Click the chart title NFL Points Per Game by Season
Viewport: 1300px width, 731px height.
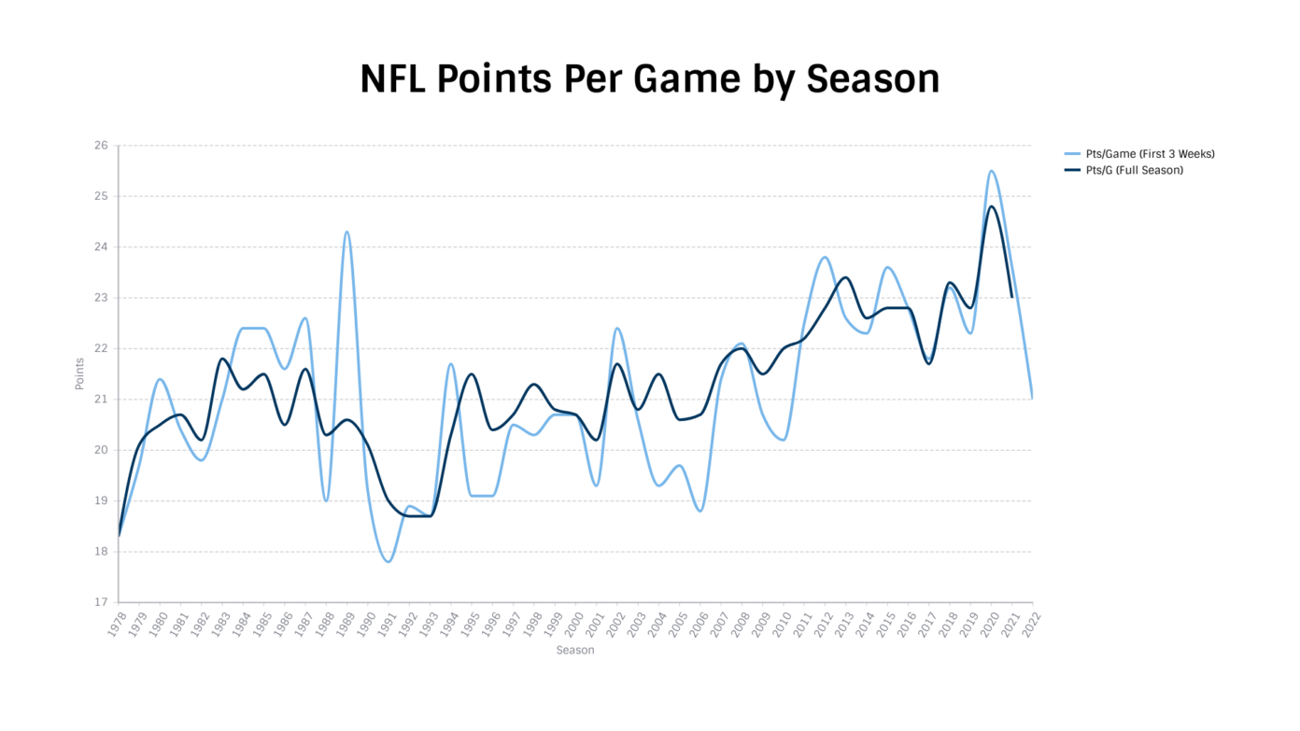[x=649, y=79]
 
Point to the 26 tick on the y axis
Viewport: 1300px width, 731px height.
[x=100, y=146]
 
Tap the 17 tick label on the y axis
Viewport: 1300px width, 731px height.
[x=100, y=602]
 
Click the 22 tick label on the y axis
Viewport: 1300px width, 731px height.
[x=100, y=348]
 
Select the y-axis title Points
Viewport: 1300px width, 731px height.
[x=80, y=373]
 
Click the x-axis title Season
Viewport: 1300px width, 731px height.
[x=574, y=651]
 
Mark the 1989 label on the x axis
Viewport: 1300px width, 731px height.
[x=343, y=624]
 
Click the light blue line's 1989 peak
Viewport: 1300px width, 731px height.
[x=346, y=232]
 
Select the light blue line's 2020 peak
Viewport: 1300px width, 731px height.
[x=991, y=171]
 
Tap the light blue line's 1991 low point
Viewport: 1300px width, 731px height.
[x=389, y=561]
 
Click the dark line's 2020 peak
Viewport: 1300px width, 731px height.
[x=991, y=206]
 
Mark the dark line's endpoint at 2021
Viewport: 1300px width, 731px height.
[x=1011, y=297]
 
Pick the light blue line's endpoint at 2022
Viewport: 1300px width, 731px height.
[x=1032, y=399]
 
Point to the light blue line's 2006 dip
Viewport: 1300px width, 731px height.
[x=700, y=511]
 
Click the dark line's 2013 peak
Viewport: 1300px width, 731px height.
[x=845, y=277]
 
